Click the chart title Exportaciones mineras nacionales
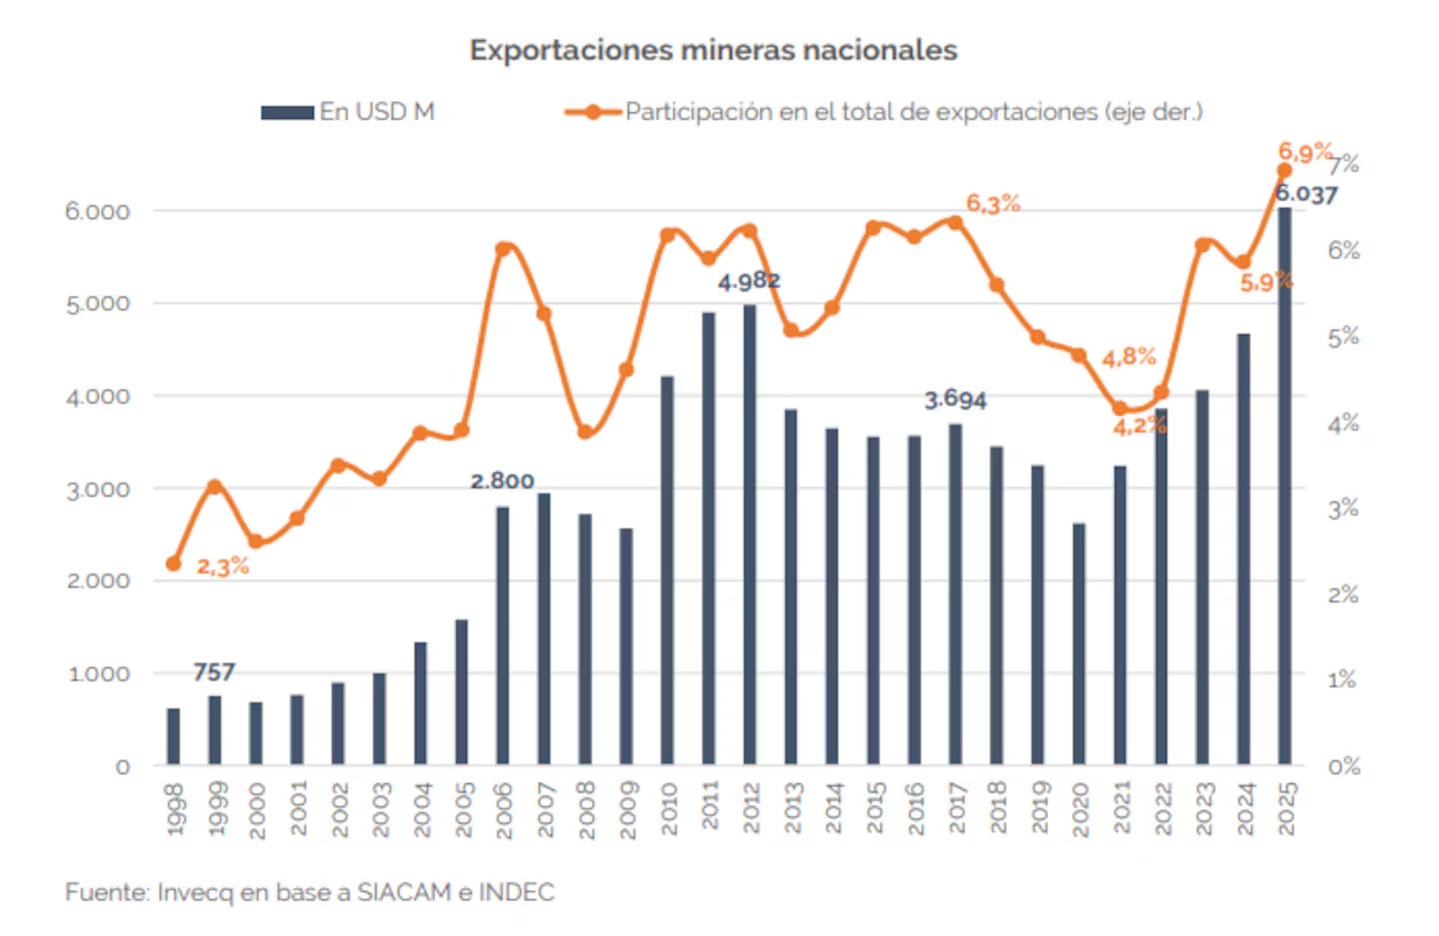click(x=714, y=50)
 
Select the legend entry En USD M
click(x=348, y=112)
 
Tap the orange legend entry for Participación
click(x=883, y=112)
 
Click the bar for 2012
click(x=749, y=534)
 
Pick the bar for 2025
click(x=1284, y=485)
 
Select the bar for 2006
click(x=503, y=635)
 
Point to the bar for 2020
click(x=1078, y=644)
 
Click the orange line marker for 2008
click(x=585, y=433)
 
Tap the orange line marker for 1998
click(x=174, y=563)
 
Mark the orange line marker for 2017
click(x=955, y=223)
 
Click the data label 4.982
click(x=749, y=281)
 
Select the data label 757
click(x=214, y=672)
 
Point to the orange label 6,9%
click(x=1305, y=152)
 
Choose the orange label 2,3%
click(x=222, y=566)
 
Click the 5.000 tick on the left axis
click(x=98, y=304)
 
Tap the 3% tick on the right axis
click(x=1343, y=509)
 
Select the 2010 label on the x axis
click(x=669, y=808)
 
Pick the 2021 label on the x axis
click(x=1121, y=808)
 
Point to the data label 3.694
click(x=955, y=401)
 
